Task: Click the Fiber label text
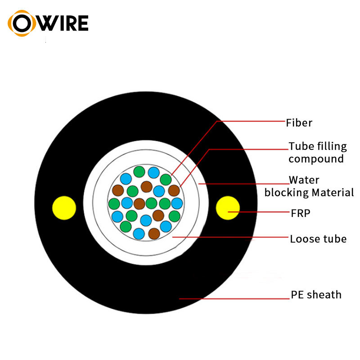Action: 299,122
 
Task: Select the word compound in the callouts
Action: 316,159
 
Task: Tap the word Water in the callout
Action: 304,180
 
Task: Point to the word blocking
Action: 285,193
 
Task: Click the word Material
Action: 331,193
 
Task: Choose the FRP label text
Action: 301,213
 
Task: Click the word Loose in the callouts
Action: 302,238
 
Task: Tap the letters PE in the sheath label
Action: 297,295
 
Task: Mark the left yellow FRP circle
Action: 64,207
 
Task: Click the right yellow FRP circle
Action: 227,208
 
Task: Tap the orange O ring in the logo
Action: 21,23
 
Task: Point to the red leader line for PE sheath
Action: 234,298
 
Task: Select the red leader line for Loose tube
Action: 229,237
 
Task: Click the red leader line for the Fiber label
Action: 252,121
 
